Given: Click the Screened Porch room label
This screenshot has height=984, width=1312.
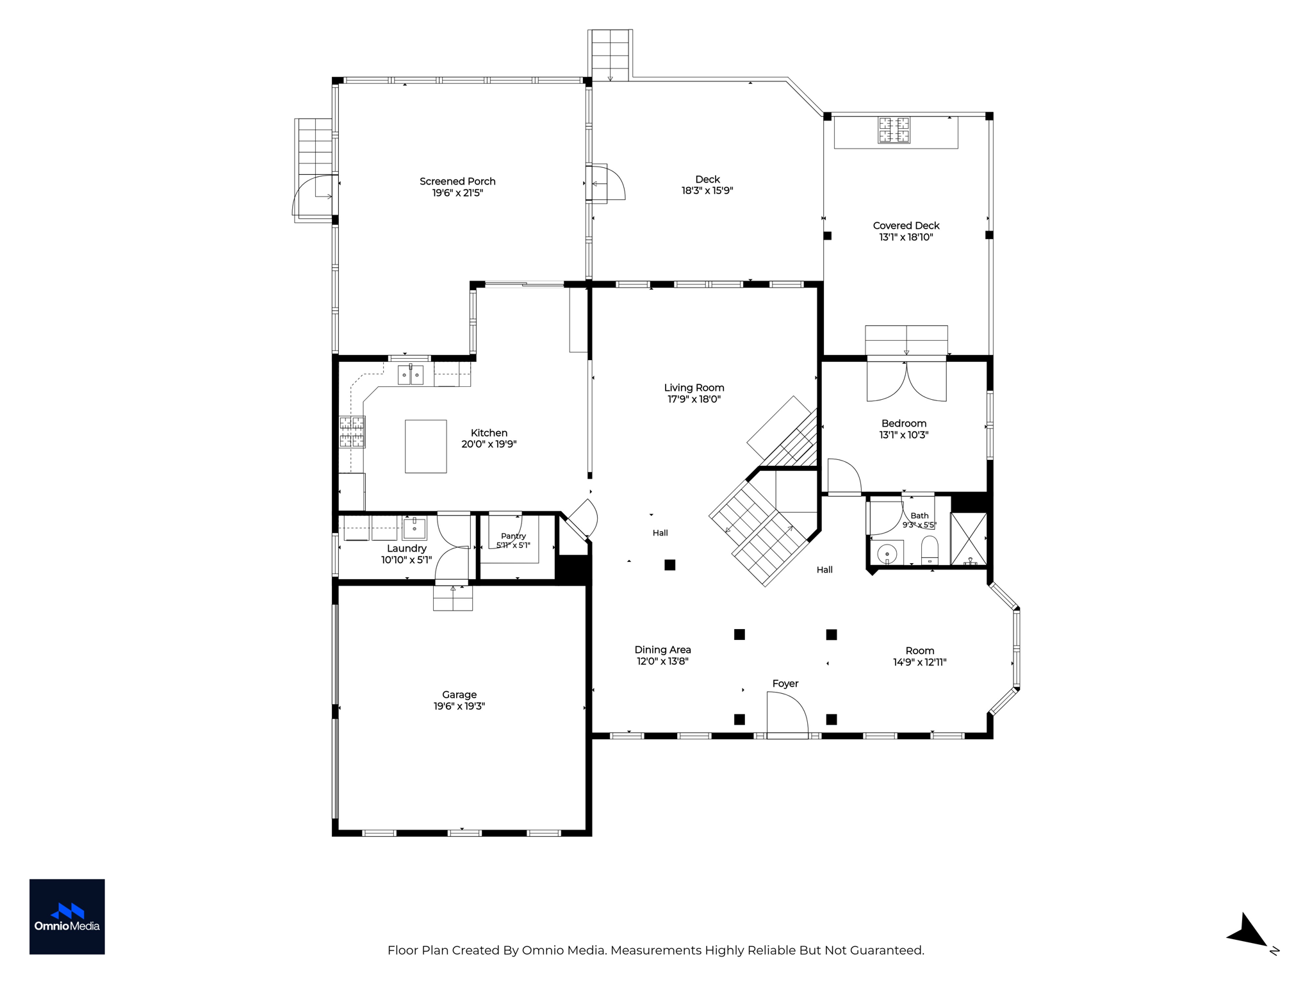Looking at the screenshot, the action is click(x=457, y=181).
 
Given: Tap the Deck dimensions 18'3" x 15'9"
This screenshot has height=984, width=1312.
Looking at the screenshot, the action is click(x=707, y=191).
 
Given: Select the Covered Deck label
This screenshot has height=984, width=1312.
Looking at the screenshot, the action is click(x=906, y=225).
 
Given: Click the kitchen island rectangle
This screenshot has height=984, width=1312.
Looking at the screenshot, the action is click(x=425, y=447).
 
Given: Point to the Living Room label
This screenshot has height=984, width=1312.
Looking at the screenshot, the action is click(x=694, y=388).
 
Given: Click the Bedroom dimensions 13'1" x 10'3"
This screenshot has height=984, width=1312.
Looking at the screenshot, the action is click(x=903, y=435).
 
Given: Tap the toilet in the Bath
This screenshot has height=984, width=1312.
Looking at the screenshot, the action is click(x=930, y=550).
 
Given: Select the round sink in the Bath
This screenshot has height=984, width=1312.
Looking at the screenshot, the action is click(x=887, y=553).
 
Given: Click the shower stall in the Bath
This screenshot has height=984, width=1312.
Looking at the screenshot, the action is click(x=968, y=539).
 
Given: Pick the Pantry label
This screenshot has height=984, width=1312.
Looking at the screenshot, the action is click(x=513, y=536).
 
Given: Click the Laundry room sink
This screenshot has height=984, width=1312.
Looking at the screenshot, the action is click(x=414, y=529).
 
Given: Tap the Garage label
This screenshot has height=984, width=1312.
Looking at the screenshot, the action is click(x=459, y=694).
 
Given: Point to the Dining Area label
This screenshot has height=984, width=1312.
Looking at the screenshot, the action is click(x=662, y=650).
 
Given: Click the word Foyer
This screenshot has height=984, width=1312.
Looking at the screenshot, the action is click(x=785, y=684).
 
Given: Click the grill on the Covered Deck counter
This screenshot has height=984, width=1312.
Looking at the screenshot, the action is click(x=894, y=130).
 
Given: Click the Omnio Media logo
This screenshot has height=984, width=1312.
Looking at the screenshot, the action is click(x=67, y=917).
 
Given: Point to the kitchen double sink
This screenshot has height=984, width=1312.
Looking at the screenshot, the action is click(x=411, y=374).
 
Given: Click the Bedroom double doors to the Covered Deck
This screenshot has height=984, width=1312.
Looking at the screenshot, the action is click(x=906, y=381).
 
